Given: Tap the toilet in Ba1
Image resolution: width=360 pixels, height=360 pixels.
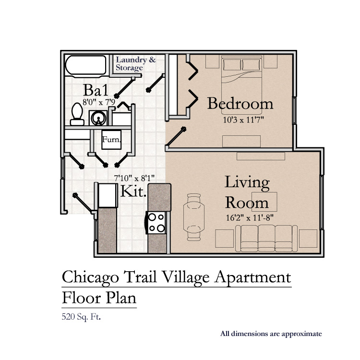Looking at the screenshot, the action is (x=77, y=114).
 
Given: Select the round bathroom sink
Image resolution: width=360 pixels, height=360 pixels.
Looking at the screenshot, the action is (x=98, y=118).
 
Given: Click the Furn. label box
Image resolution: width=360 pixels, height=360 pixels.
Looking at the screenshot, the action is (x=111, y=140).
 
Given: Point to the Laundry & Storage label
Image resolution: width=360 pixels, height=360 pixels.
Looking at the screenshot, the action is (x=136, y=63).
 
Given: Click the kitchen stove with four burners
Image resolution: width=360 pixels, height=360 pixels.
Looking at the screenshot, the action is (x=156, y=223).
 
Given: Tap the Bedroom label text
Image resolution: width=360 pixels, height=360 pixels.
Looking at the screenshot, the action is (x=240, y=104).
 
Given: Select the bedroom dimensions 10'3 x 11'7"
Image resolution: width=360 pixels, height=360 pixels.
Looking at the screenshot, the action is (x=243, y=120).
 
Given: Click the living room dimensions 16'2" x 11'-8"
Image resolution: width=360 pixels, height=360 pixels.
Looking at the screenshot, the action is (x=250, y=217).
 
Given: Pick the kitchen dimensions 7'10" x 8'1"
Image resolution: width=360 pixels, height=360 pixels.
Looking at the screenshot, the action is (x=134, y=178).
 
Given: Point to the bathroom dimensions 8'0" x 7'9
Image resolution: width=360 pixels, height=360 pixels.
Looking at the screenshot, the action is (x=99, y=102).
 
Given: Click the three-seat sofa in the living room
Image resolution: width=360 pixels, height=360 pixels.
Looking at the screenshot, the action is (x=266, y=238).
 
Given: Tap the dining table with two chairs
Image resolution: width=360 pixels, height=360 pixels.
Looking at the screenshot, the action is (x=194, y=217).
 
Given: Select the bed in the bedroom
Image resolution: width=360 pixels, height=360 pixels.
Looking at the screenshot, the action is (x=241, y=84).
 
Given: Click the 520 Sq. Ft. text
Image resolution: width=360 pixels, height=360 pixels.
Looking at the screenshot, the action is (x=81, y=317).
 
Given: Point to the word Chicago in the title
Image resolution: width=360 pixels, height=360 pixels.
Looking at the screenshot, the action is (x=90, y=277).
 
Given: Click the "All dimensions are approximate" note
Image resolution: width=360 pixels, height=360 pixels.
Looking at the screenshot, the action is (x=271, y=334).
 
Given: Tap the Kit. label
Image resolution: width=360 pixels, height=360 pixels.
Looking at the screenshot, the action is (x=133, y=191).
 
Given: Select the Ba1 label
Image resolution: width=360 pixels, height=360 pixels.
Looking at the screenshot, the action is (x=96, y=90).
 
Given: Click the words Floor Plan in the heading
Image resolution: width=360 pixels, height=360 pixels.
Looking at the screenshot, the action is (x=99, y=298).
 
